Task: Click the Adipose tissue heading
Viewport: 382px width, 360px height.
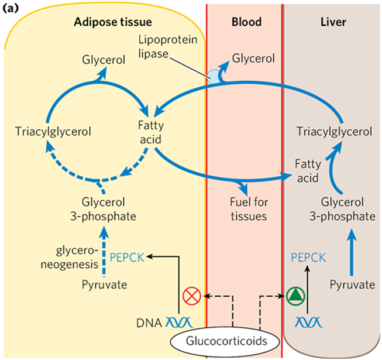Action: [x=113, y=22]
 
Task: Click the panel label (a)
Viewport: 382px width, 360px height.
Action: [x=12, y=8]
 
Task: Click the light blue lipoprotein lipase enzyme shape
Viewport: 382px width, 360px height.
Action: [x=214, y=75]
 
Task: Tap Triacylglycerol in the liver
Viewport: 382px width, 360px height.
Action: [x=334, y=131]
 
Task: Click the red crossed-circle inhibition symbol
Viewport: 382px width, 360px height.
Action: [x=191, y=295]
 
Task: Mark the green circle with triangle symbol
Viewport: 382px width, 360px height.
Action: [x=297, y=295]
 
